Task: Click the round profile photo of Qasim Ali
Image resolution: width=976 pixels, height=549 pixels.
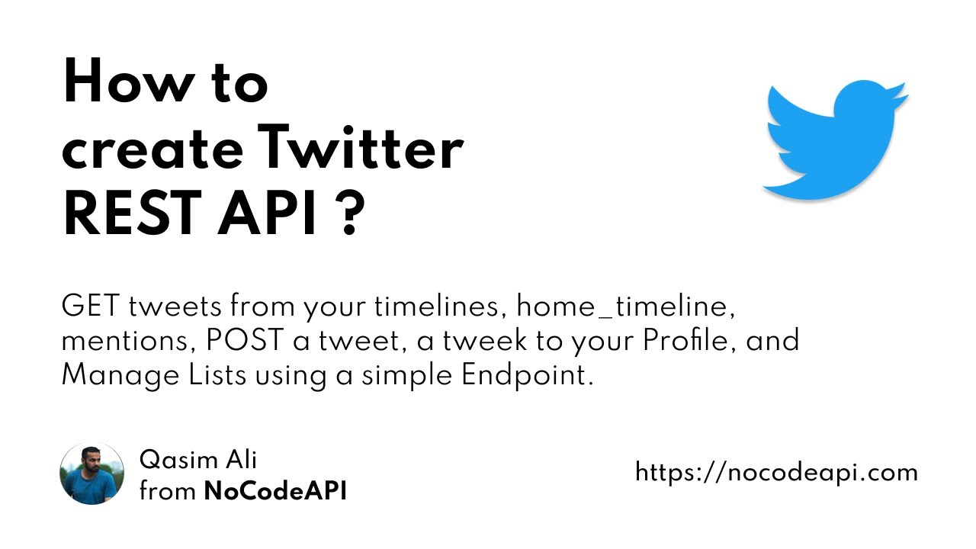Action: (x=91, y=474)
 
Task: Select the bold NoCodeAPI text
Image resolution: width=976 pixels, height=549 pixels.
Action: (x=275, y=492)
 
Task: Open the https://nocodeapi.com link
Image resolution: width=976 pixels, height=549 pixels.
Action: (x=776, y=473)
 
